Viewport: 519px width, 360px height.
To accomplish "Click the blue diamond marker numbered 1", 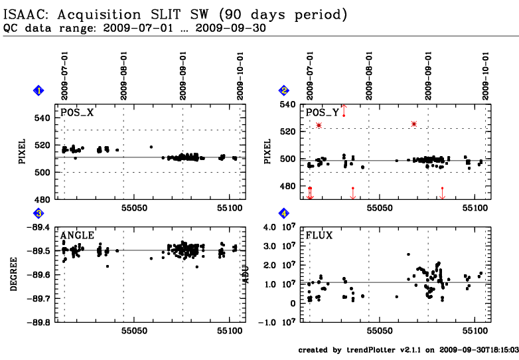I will coord(39,90).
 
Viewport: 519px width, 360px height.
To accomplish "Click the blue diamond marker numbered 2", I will coord(284,90).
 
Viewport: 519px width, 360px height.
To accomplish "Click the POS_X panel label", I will coord(77,113).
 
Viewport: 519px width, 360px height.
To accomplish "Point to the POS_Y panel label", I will coord(322,113).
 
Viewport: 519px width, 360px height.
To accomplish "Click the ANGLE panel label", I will coord(77,235).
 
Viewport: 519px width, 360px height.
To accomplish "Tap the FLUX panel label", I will coord(319,235).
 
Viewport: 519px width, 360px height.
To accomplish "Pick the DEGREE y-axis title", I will coord(15,274).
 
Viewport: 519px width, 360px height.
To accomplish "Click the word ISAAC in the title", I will coord(27,14).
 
